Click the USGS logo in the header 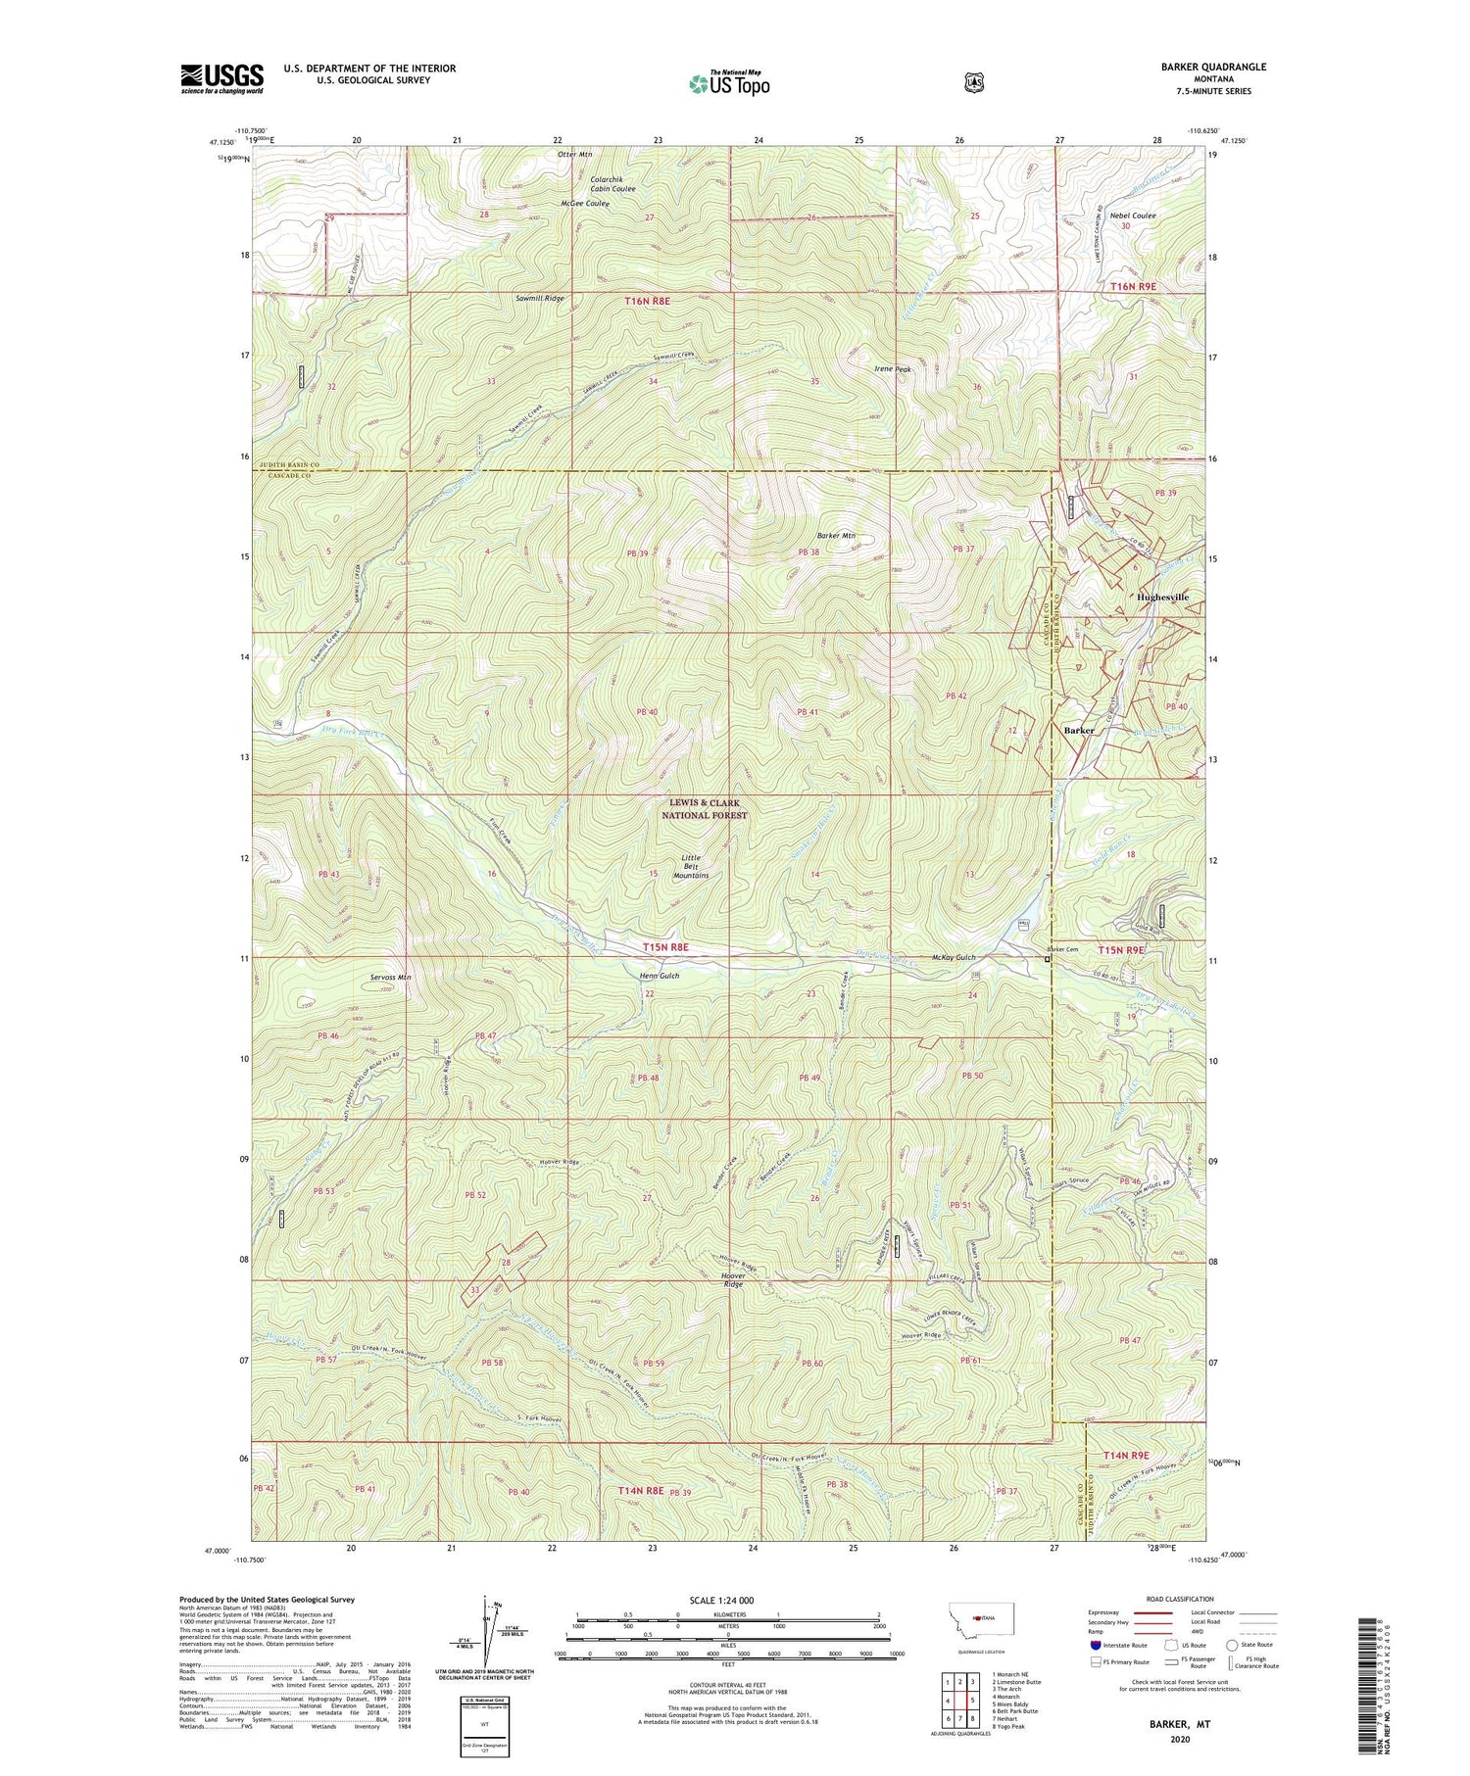pyautogui.click(x=221, y=78)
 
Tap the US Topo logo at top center pyautogui.click(x=729, y=83)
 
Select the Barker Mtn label pyautogui.click(x=836, y=536)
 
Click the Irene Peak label pyautogui.click(x=893, y=369)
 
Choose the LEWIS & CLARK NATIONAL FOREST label pyautogui.click(x=704, y=809)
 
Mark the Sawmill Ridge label pyautogui.click(x=539, y=297)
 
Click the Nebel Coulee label pyautogui.click(x=1134, y=216)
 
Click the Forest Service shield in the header pyautogui.click(x=973, y=82)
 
